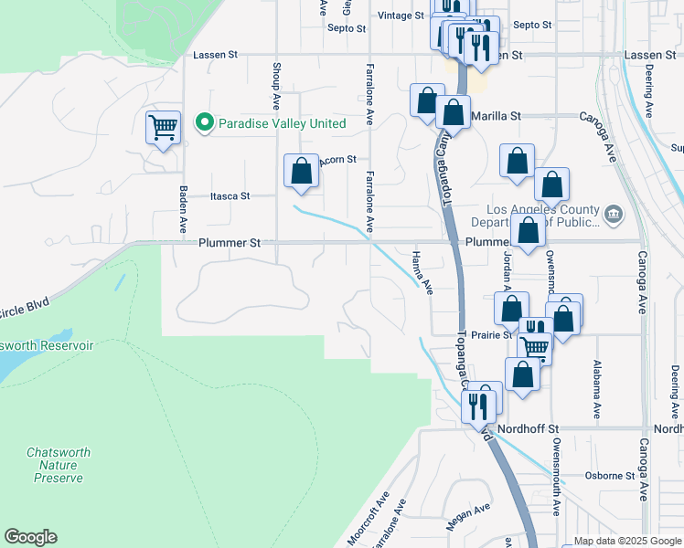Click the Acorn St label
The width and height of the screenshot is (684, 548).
[337, 159]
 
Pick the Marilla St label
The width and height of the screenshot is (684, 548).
[496, 116]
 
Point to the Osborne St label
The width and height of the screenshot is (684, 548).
[610, 476]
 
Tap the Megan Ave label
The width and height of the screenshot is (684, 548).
[468, 518]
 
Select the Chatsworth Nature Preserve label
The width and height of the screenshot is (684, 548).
[55, 465]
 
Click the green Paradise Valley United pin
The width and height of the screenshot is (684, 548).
[206, 123]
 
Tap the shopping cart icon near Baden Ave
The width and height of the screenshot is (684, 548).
[163, 128]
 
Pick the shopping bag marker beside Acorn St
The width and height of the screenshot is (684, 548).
[302, 171]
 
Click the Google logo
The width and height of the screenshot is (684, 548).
[30, 537]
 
